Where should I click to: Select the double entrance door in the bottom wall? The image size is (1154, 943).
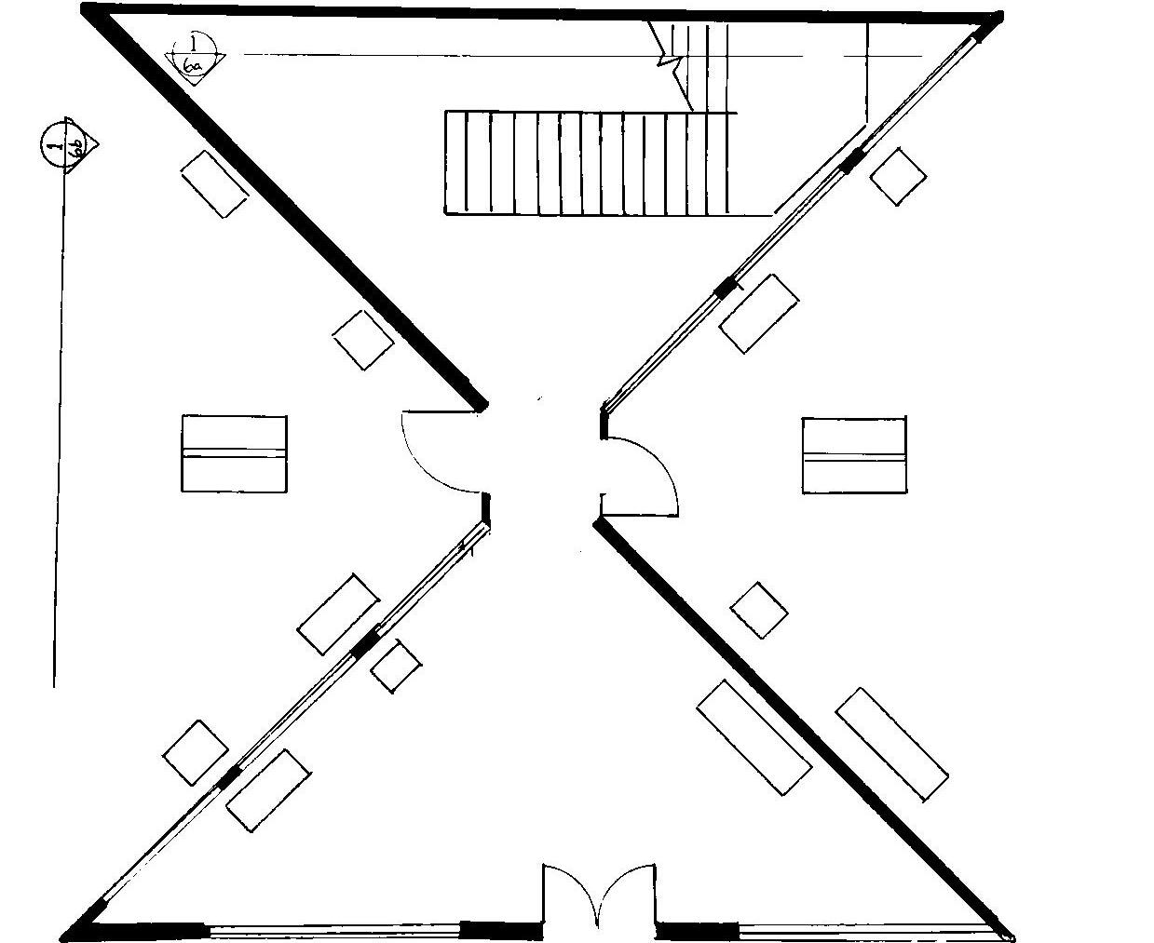[599, 898]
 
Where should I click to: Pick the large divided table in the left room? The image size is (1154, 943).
[234, 453]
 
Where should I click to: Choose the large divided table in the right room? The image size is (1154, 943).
[853, 455]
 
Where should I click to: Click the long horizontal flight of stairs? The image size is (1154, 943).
[587, 164]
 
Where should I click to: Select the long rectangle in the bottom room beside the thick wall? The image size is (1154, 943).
[753, 737]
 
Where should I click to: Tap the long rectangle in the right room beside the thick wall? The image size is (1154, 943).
[891, 744]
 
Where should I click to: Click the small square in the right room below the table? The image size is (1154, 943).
[758, 611]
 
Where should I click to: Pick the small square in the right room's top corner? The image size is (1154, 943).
[898, 176]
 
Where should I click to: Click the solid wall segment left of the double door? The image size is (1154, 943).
[501, 930]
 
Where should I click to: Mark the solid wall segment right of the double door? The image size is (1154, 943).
[698, 930]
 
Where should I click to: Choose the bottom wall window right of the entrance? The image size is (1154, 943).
[866, 930]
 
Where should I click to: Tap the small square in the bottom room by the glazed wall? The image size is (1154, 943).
[396, 667]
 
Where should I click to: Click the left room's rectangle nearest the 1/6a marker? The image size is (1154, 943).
[214, 184]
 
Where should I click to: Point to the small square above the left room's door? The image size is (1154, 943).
[363, 340]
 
